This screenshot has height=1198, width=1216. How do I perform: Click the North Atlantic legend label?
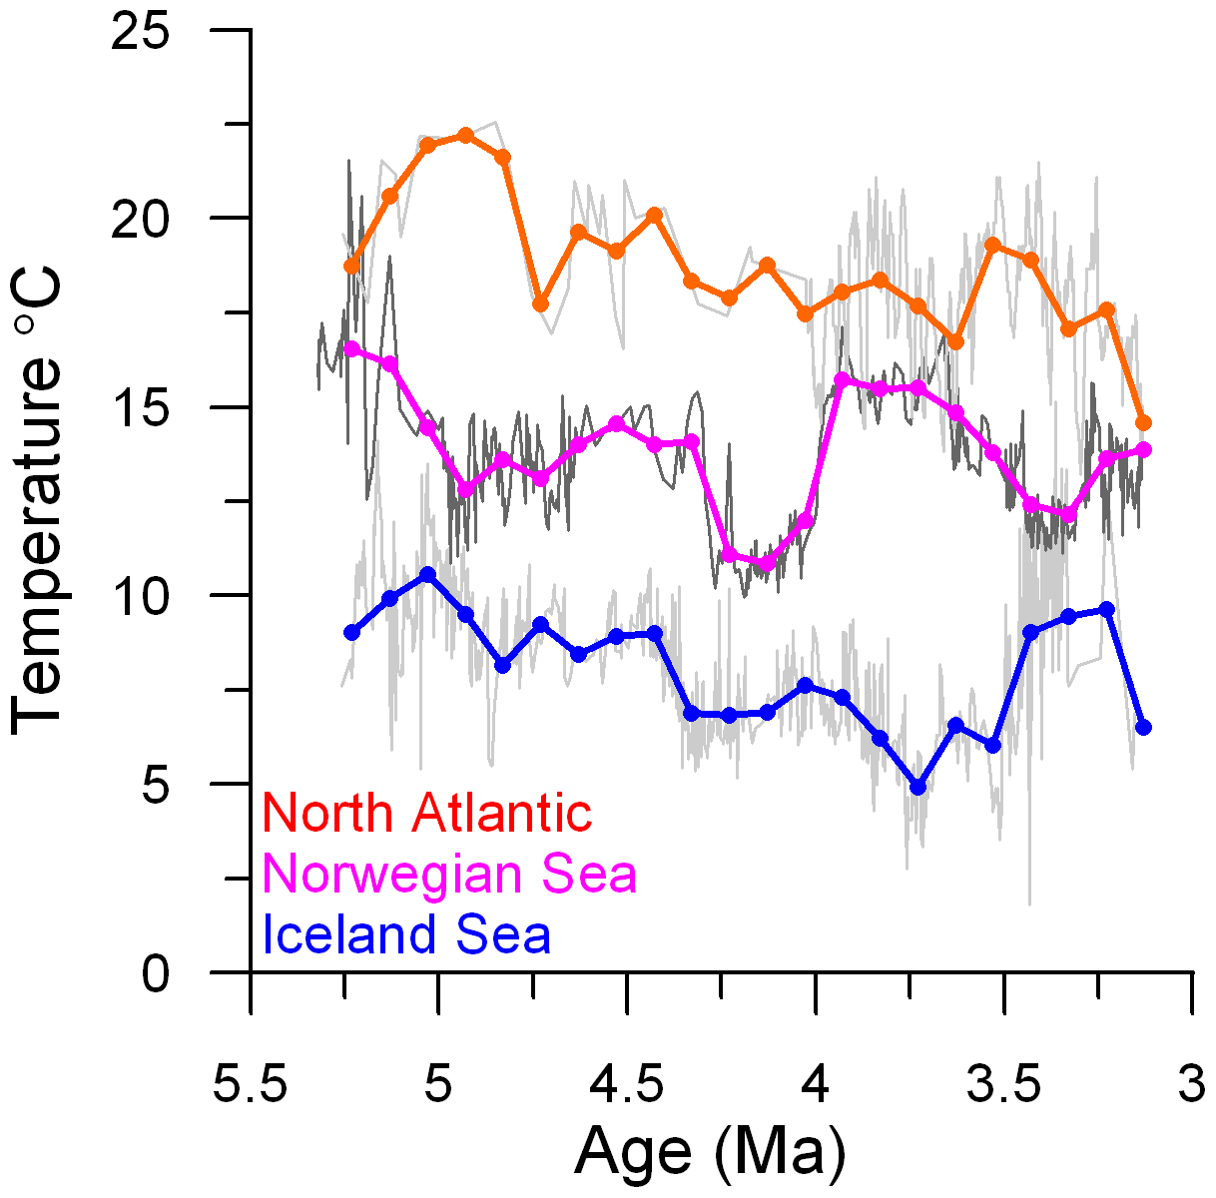tap(427, 814)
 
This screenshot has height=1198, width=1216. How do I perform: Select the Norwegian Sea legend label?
tap(449, 875)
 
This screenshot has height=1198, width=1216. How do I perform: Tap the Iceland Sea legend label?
tap(406, 935)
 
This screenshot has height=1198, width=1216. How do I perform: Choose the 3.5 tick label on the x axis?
tap(1003, 1085)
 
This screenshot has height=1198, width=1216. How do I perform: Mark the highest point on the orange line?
tap(465, 135)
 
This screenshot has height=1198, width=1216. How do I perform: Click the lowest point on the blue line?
tap(918, 787)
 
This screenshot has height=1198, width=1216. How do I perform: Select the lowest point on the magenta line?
tap(767, 564)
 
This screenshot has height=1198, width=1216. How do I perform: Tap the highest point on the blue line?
tap(427, 574)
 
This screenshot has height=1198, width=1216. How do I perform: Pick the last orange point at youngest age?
tap(1143, 423)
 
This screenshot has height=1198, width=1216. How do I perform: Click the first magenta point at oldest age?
tap(351, 348)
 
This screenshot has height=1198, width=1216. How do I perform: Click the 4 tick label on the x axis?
tap(816, 1085)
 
